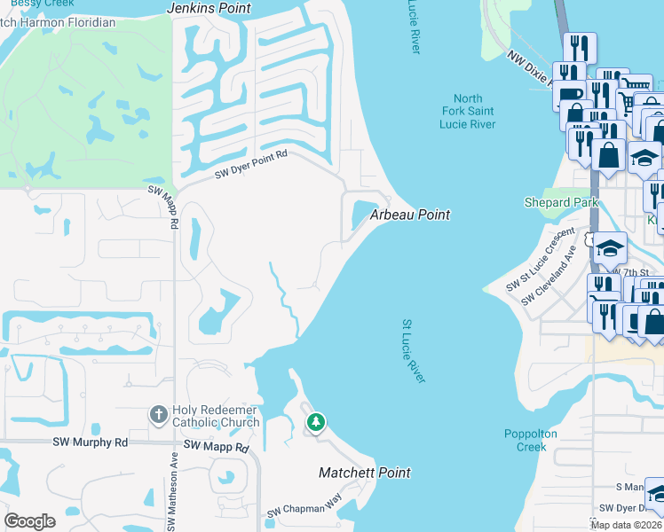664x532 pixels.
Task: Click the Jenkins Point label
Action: click(209, 8)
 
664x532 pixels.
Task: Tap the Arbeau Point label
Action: click(409, 215)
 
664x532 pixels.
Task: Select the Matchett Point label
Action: click(365, 473)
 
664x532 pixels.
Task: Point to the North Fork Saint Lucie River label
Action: click(468, 112)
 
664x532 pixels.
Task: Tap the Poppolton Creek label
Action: click(531, 440)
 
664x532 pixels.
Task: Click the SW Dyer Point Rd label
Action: click(252, 166)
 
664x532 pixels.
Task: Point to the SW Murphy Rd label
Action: click(90, 442)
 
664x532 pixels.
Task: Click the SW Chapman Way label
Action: click(304, 508)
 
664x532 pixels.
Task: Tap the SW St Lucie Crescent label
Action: click(541, 262)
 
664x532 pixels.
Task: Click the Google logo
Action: click(29, 521)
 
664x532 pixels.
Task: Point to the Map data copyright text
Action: click(627, 525)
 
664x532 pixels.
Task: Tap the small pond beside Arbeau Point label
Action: click(363, 214)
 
